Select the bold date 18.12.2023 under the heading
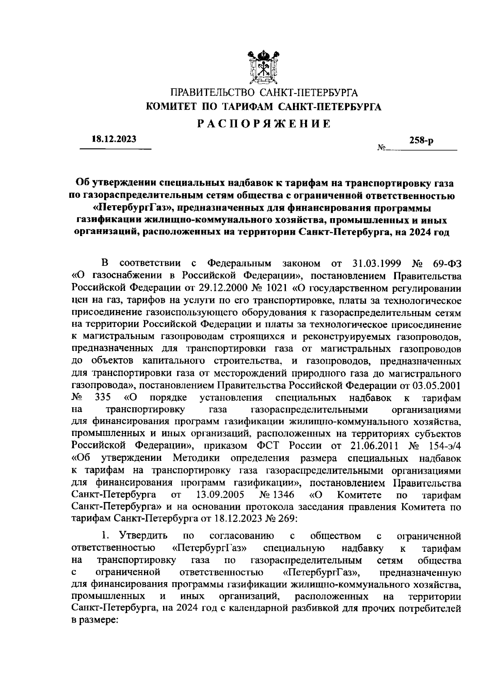pos(114,140)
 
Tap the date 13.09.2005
pos(219,495)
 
